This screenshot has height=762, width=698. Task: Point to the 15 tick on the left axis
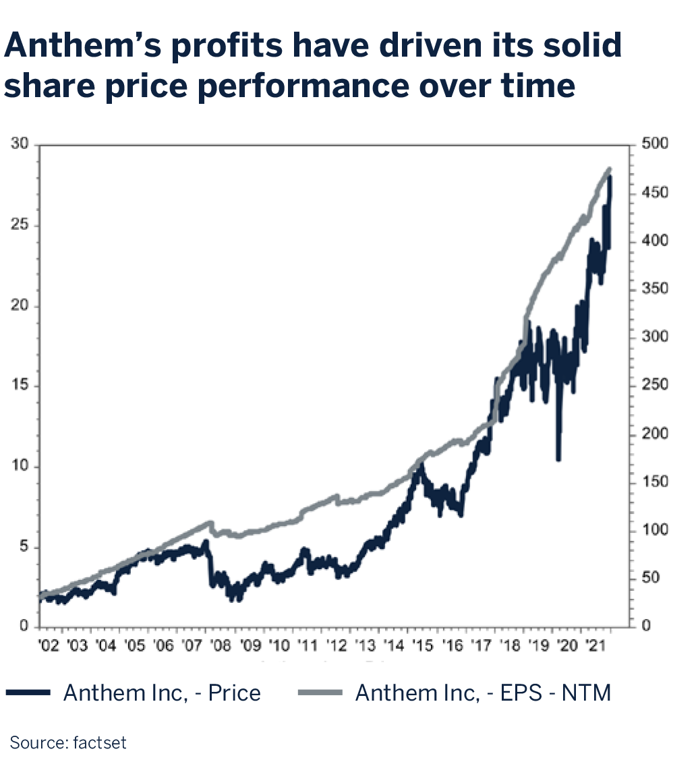(22, 386)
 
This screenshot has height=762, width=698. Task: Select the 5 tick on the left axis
(26, 547)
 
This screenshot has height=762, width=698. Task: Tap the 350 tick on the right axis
(653, 289)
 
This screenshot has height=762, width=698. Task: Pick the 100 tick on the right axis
(653, 530)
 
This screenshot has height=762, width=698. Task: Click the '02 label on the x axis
(49, 646)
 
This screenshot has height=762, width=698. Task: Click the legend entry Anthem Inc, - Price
(162, 693)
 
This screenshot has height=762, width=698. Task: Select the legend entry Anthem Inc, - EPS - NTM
(483, 693)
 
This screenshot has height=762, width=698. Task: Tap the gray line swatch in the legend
(320, 693)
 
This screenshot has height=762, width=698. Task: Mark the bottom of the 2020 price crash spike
(558, 459)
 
